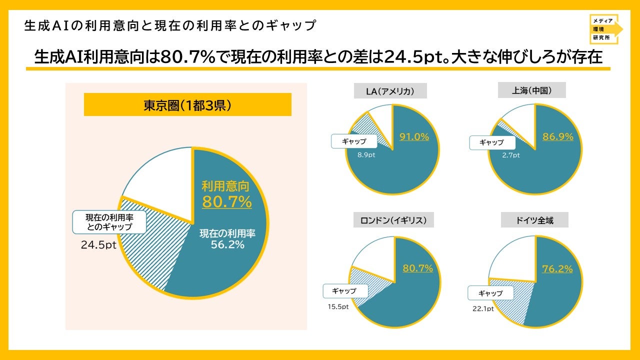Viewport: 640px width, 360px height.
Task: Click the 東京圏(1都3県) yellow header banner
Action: (187, 104)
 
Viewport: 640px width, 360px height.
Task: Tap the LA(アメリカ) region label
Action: (390, 91)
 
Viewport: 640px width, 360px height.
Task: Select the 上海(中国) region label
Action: (531, 90)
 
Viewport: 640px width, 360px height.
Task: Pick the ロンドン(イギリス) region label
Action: (393, 219)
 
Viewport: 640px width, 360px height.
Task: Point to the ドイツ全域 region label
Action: (534, 219)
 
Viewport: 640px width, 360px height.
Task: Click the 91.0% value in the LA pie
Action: (414, 137)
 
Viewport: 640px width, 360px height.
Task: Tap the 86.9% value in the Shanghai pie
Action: (557, 136)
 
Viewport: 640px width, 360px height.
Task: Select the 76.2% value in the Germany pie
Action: (557, 269)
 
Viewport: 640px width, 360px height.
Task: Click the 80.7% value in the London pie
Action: (417, 268)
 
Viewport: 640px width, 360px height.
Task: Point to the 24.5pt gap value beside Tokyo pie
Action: (98, 245)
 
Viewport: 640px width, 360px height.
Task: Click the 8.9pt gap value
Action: (366, 155)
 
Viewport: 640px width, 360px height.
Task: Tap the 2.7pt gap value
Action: (511, 155)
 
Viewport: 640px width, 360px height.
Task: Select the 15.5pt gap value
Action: (338, 306)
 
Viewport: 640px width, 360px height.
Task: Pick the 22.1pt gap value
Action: (483, 308)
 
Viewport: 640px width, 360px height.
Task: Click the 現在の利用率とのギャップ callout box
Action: (109, 222)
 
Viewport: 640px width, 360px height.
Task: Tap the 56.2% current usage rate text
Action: (227, 244)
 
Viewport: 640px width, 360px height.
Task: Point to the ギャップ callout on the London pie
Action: (345, 291)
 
